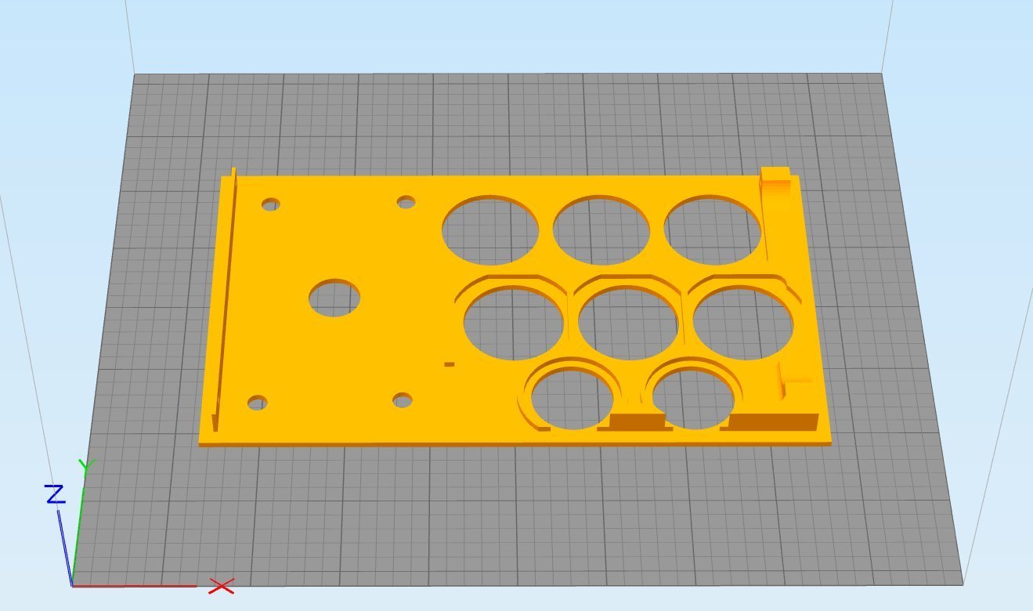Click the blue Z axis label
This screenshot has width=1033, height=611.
[55, 494]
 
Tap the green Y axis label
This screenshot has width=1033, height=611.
[86, 467]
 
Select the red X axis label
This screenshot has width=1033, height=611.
[222, 586]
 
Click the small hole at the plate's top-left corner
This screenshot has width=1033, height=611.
[271, 205]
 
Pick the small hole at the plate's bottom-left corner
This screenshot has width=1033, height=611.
[257, 403]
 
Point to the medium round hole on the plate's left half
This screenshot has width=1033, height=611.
[334, 298]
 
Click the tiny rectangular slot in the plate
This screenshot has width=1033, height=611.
[449, 364]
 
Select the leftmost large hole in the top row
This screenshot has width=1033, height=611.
[490, 230]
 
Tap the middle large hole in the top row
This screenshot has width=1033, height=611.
[601, 230]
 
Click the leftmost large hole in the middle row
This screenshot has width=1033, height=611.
[514, 324]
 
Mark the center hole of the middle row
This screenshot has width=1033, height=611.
[628, 323]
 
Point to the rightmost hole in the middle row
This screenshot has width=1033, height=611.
[742, 324]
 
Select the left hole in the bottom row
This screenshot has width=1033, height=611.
[572, 398]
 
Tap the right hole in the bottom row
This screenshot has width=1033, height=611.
[692, 398]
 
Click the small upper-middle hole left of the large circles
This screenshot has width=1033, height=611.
[406, 203]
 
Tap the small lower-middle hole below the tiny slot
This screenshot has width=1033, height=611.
[403, 400]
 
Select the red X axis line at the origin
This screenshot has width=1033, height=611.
[133, 585]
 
